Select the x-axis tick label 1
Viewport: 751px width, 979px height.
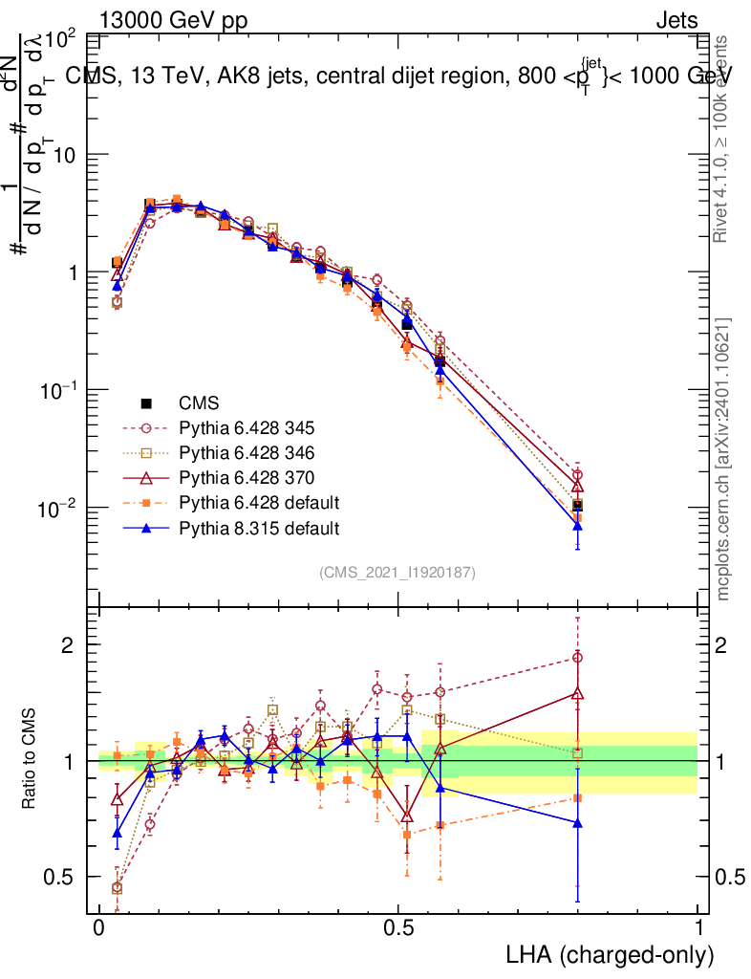(697, 928)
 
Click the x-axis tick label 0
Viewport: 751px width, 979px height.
(98, 928)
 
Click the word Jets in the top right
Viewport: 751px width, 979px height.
(676, 20)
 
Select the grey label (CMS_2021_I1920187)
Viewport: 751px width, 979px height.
(397, 572)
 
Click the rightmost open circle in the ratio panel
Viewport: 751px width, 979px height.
(577, 658)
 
